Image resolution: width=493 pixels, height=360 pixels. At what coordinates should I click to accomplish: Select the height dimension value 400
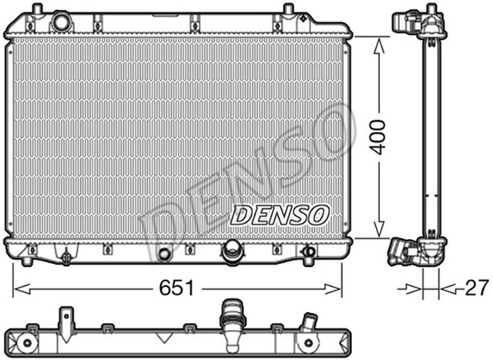377,136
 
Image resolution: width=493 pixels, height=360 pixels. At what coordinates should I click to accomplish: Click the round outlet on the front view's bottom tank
230,251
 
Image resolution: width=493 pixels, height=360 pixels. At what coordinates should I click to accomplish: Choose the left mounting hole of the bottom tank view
29,342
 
